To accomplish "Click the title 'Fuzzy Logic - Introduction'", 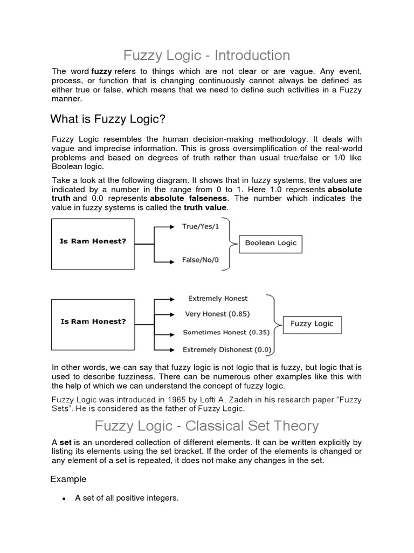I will tap(207, 55).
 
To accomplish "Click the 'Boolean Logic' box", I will tap(271, 243).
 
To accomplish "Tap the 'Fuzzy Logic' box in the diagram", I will tap(312, 324).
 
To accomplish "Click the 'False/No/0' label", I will tap(201, 260).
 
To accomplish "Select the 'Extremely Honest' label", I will tap(218, 298).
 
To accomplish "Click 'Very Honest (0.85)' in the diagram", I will tap(217, 314).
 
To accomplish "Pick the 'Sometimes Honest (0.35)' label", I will tap(226, 332).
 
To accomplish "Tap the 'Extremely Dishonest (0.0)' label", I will tap(227, 349).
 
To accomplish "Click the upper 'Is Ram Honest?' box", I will tap(93, 243).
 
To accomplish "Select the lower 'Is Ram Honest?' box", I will tap(93, 322).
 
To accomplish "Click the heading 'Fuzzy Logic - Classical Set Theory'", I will tap(207, 426).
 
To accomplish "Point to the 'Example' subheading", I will tap(68, 479).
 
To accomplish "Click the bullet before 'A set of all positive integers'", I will tap(64, 498).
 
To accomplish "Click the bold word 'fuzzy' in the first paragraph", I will tap(101, 71).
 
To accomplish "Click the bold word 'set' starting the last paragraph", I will tap(64, 442).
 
